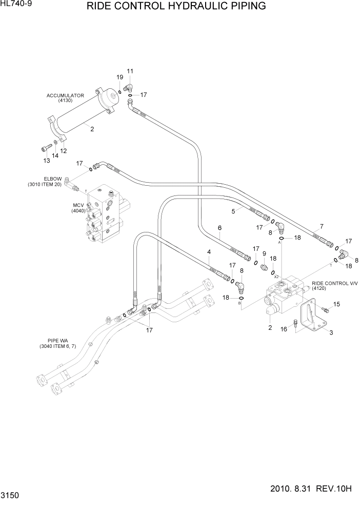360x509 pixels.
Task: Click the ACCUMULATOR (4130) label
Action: (x=65, y=98)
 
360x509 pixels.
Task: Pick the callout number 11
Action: (x=129, y=71)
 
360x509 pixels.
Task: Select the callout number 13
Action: (x=46, y=161)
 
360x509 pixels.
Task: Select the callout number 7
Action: (x=321, y=226)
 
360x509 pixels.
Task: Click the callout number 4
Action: (x=209, y=252)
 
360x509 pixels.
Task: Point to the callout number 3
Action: (x=331, y=333)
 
